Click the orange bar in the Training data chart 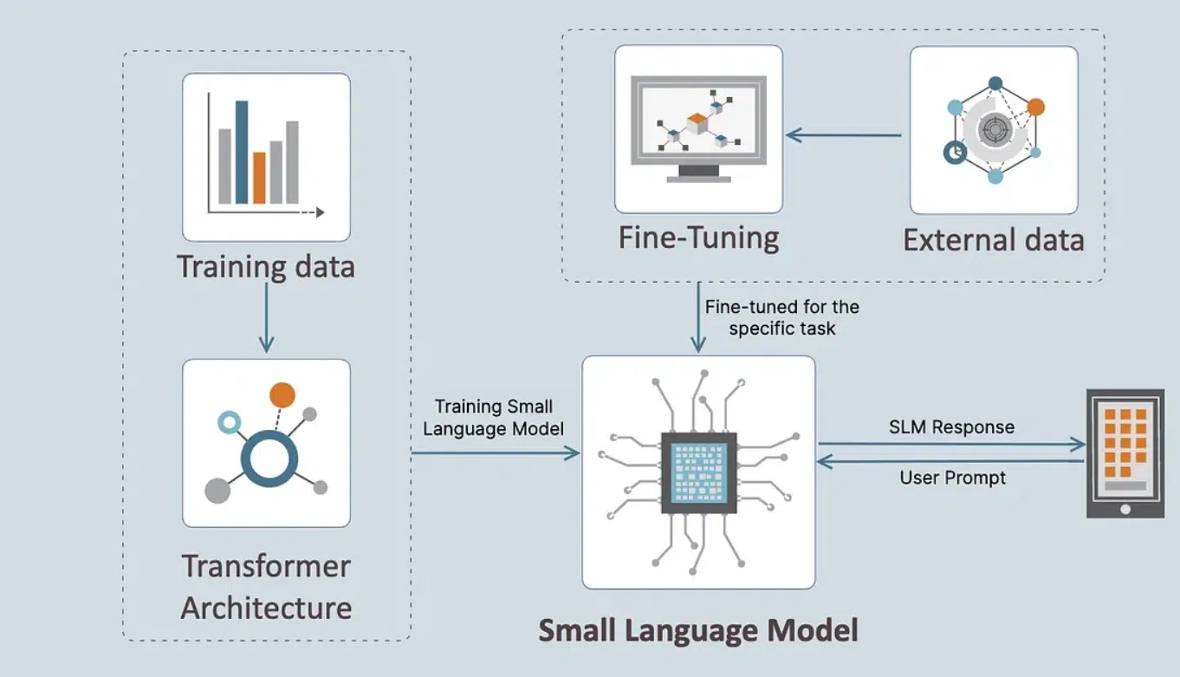click(259, 178)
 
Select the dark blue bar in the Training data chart click(242, 152)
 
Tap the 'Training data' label click(266, 266)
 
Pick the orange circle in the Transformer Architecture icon click(282, 394)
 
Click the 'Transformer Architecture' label click(266, 587)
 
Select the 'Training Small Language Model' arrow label click(494, 417)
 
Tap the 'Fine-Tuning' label click(698, 238)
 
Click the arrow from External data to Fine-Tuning click(845, 134)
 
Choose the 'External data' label click(993, 239)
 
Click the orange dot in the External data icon click(1035, 107)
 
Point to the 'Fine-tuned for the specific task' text click(781, 317)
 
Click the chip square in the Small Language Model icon click(699, 472)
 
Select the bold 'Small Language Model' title click(698, 629)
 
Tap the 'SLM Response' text click(951, 427)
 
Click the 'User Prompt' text click(953, 478)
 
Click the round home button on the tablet click(1125, 509)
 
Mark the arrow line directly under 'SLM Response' click(951, 445)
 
